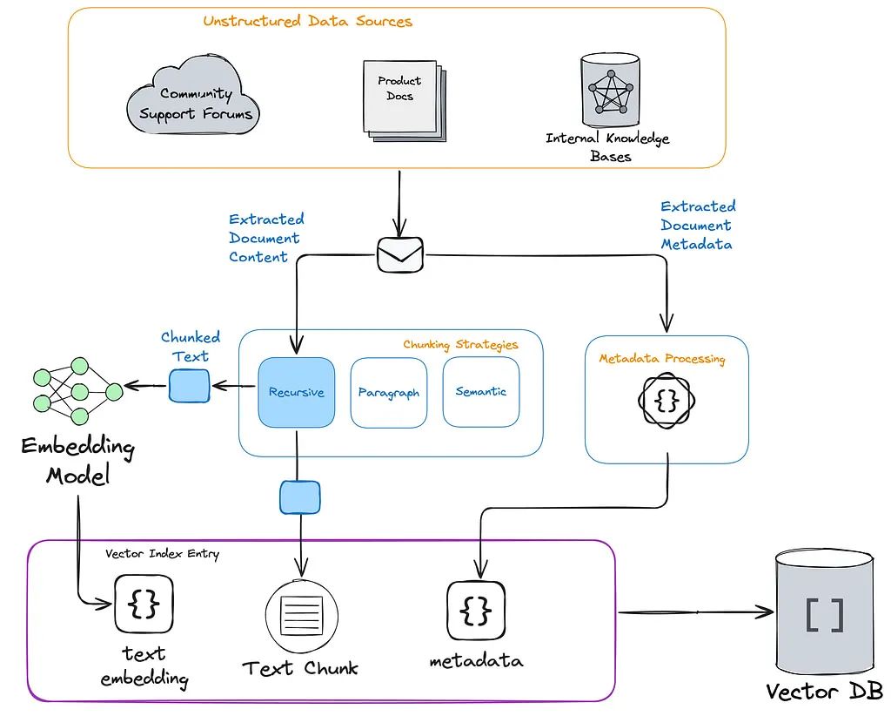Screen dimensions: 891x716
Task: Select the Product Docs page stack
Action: point(405,101)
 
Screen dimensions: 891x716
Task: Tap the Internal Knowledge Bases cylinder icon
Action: point(610,91)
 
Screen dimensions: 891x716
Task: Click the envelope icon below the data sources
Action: point(400,254)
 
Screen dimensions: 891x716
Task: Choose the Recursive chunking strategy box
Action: point(296,392)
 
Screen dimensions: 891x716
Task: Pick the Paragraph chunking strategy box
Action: point(389,393)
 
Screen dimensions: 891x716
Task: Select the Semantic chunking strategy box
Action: point(480,391)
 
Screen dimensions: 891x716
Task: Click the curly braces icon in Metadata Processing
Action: point(667,401)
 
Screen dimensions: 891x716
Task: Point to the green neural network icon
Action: point(78,391)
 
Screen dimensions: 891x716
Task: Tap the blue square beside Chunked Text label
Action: point(189,386)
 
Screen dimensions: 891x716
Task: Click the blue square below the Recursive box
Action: point(299,497)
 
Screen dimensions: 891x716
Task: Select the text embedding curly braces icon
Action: point(144,604)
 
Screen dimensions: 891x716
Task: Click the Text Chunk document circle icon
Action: point(302,616)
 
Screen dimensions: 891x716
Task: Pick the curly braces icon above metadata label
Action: point(476,611)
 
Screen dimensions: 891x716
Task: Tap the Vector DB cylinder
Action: point(825,611)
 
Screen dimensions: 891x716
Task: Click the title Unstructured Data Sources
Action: point(307,21)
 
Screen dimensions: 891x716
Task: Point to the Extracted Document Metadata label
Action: point(697,226)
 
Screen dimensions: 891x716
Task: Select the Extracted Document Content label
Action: point(266,239)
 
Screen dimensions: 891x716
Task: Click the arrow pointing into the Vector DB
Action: point(696,612)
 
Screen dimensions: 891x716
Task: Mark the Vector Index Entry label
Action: point(162,553)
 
